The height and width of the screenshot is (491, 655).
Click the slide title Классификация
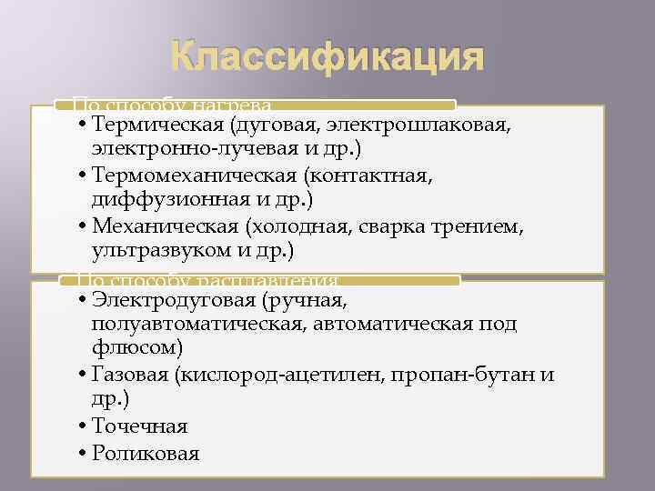(327, 59)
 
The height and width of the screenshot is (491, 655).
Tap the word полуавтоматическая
(199, 324)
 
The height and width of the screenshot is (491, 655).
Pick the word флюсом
(136, 346)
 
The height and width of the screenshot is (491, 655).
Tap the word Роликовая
(145, 453)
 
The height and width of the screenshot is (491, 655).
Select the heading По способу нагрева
(172, 105)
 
